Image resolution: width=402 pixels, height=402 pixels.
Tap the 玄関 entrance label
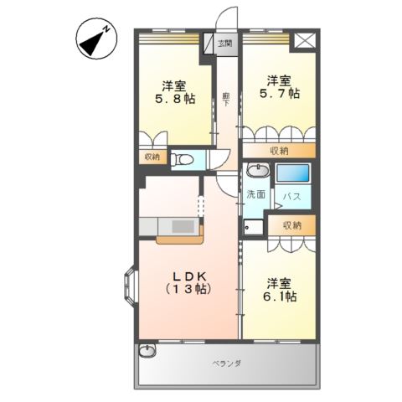(225, 42)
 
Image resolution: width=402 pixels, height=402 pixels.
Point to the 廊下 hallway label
(226, 97)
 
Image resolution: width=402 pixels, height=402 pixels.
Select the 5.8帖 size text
(175, 99)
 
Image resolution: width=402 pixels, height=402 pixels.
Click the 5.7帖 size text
(280, 95)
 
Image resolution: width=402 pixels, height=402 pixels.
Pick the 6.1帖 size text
(279, 296)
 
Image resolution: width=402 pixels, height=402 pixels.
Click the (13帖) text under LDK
(188, 289)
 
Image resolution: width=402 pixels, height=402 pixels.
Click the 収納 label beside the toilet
(151, 156)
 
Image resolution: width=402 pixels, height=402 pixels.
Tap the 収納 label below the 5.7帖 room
(280, 150)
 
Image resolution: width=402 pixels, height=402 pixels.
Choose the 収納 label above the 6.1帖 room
(291, 224)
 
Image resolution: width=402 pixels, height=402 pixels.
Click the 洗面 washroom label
(255, 194)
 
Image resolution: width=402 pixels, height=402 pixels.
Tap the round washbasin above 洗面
(258, 173)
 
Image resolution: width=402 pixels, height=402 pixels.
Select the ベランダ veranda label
(226, 363)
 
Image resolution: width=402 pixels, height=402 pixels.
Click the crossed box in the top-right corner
(305, 39)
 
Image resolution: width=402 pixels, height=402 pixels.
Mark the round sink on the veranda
(148, 352)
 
